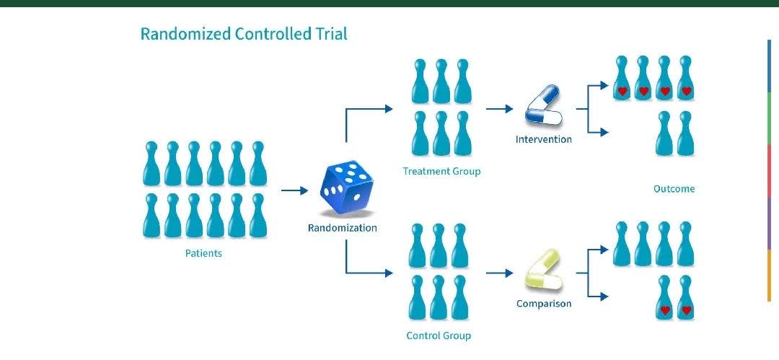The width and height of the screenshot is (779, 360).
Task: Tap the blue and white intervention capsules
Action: pos(542,106)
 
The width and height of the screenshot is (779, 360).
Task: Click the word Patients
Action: pos(203,253)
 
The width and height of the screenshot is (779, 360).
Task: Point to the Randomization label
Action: pos(342,228)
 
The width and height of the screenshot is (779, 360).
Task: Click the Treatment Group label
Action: pos(441,171)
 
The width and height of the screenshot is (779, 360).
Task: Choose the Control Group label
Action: pos(439,335)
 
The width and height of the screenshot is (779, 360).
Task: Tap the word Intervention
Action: pos(543,139)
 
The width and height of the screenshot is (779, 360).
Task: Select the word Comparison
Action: pos(543,304)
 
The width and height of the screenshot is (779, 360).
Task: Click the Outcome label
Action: pos(674,189)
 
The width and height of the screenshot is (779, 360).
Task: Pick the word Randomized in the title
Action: pos(185,34)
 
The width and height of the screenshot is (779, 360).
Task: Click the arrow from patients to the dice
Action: pos(294,190)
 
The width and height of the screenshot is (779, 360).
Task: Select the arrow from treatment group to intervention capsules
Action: pos(499,109)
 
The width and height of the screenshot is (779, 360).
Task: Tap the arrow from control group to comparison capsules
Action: pos(499,273)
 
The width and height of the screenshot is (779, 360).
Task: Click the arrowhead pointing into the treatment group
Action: pos(389,109)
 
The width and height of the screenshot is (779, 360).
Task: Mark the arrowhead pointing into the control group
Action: pos(389,273)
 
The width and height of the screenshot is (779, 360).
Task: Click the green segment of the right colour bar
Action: pos(769,119)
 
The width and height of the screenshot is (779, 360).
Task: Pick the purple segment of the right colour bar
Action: pos(769,224)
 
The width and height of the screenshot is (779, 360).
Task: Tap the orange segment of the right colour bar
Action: pos(769,276)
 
